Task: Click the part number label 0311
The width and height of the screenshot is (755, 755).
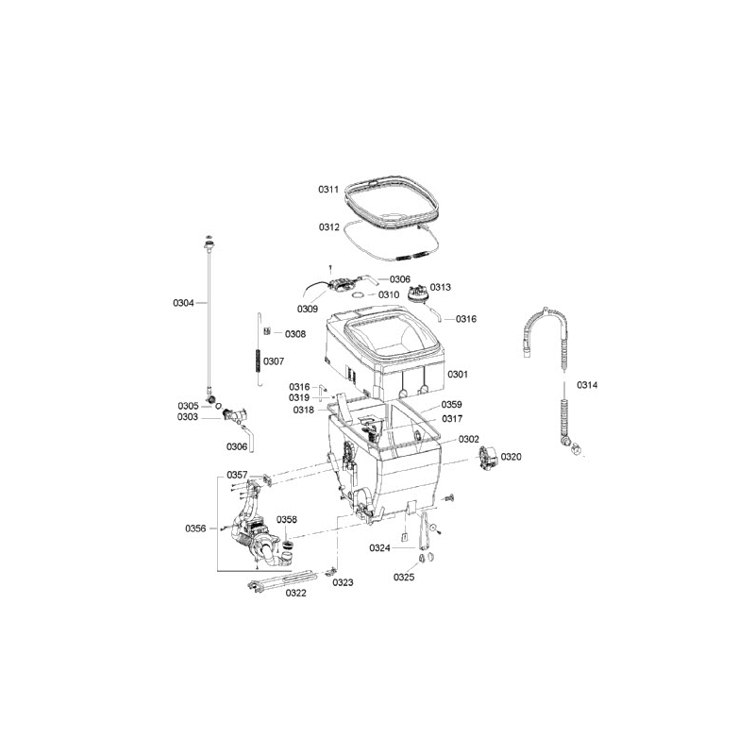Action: [328, 190]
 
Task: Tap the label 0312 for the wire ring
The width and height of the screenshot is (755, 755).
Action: [328, 226]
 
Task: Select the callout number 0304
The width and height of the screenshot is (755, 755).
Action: [183, 303]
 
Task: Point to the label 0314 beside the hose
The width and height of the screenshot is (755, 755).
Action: [587, 385]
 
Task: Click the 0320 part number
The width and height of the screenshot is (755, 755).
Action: [511, 457]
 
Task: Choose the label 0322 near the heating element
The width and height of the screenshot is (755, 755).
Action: [295, 593]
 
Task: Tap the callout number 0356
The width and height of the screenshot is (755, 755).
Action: [195, 528]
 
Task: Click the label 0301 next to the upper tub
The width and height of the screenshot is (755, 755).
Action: [458, 374]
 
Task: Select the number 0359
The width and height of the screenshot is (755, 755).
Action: [452, 405]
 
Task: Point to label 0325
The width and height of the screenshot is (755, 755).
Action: [404, 577]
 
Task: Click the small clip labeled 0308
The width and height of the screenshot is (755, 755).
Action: [267, 331]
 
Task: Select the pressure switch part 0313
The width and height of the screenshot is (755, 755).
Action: [418, 294]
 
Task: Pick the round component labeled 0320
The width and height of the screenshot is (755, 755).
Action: [488, 457]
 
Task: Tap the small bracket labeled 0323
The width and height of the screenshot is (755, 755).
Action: [329, 571]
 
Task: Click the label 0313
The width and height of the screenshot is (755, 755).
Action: [440, 287]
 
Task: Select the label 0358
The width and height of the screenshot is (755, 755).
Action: [287, 520]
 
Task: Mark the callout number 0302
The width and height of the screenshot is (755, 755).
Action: [468, 439]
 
